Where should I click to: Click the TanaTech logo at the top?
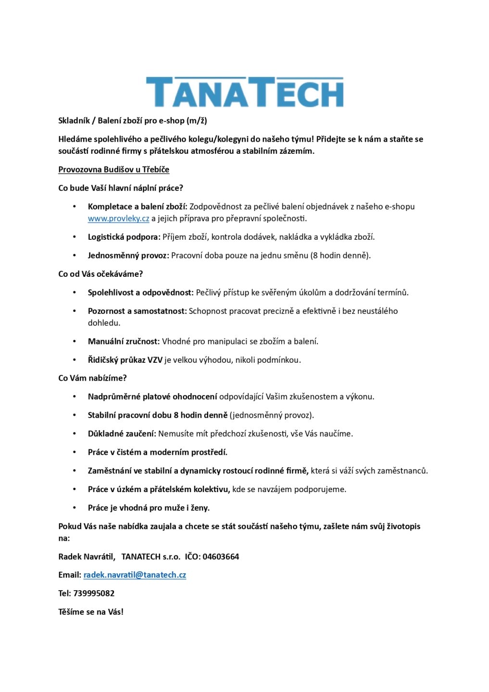(245, 92)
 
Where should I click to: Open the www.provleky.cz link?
(118, 218)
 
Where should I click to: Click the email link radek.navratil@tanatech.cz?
(135, 575)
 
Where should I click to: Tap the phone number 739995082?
(94, 593)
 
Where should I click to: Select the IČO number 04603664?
(221, 556)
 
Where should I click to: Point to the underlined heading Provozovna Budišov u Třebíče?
(113, 169)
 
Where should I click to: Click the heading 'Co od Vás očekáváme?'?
(100, 274)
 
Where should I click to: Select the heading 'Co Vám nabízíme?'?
(92, 378)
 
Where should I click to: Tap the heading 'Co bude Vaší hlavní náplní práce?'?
(121, 188)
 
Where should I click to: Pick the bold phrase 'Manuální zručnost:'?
(124, 341)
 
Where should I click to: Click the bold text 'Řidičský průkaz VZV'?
(125, 359)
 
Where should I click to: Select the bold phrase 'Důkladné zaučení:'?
(122, 433)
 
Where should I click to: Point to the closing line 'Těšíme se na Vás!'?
(91, 612)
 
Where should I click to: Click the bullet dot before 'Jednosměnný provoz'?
(75, 256)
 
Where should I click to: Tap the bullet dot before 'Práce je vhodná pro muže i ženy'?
(75, 508)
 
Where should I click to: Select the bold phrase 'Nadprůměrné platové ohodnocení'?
(152, 396)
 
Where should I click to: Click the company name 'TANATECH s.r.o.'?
(150, 556)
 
